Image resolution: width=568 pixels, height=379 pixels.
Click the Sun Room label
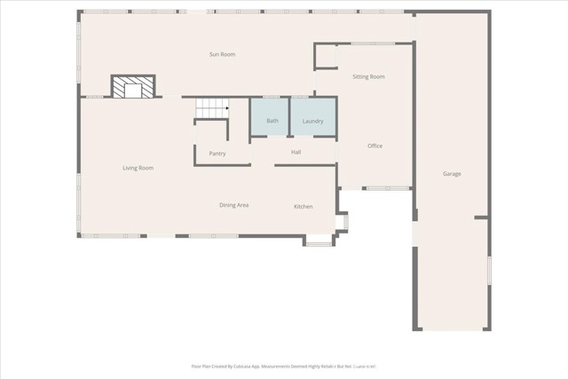click(x=222, y=55)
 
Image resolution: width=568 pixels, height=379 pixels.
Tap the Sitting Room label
click(x=367, y=77)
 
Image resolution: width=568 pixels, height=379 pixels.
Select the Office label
click(x=375, y=146)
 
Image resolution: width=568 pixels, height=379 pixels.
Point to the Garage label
click(x=452, y=174)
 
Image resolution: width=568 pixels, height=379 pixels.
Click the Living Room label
click(x=138, y=168)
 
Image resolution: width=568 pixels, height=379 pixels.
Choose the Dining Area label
click(x=233, y=205)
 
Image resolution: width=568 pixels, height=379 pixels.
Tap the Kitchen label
click(x=304, y=207)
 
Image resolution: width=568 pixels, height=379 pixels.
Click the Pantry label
click(x=217, y=154)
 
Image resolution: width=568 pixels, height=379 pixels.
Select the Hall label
click(x=297, y=153)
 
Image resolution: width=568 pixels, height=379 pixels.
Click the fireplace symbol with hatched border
click(x=133, y=87)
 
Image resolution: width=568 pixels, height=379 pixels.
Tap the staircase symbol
click(x=212, y=108)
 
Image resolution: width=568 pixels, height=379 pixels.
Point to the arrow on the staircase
click(x=226, y=108)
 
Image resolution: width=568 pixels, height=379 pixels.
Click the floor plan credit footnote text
click(x=284, y=365)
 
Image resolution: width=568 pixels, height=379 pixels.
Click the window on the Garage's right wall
click(x=489, y=270)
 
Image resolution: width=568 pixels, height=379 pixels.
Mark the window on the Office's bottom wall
click(x=387, y=188)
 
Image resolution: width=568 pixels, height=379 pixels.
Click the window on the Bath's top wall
click(x=271, y=97)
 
